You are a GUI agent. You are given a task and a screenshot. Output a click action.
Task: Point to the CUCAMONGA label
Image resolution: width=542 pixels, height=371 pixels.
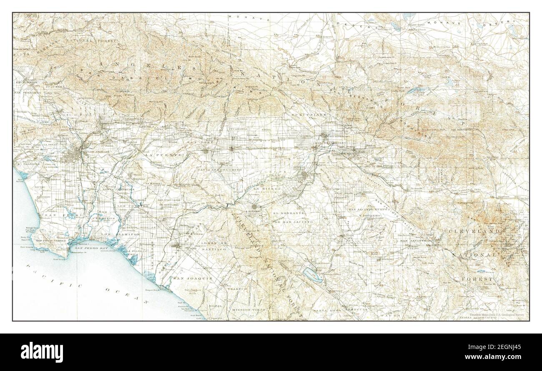pos(241,129)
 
